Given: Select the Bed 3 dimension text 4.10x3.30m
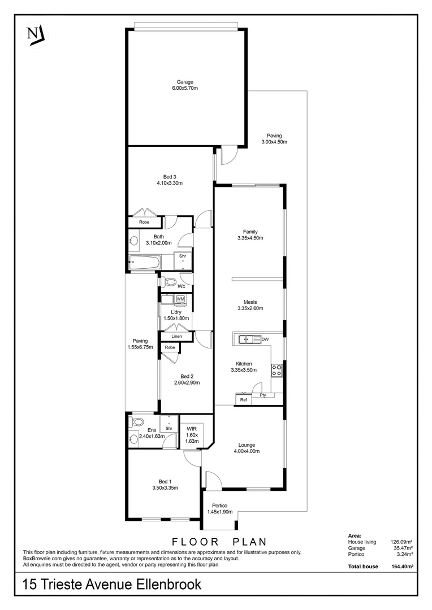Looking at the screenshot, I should [170, 183].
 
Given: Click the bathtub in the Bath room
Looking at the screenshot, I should [145, 262].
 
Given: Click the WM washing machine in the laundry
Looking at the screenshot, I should [180, 299].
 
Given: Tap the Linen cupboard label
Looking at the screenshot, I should [176, 337].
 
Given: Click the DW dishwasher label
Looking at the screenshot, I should [264, 339].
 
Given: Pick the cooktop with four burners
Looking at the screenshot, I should [277, 370].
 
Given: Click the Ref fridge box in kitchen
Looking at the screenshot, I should [244, 400].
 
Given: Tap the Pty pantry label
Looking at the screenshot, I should [263, 395].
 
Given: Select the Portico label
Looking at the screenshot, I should [220, 506].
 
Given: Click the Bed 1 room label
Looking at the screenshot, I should [165, 481].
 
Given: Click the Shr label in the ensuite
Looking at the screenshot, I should [169, 428].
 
